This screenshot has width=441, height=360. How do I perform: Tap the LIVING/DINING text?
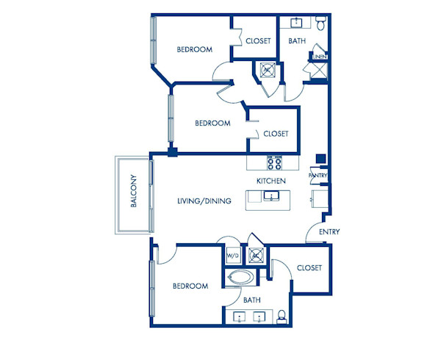coord(205,201)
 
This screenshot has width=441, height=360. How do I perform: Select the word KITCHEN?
coord(270,181)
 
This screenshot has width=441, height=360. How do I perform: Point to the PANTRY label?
coord(318,176)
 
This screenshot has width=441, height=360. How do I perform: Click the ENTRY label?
coord(329,232)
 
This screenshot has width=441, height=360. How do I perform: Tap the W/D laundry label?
coord(232,256)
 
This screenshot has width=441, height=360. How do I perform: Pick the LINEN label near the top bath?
coord(319,57)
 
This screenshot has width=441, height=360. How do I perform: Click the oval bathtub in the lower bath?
coord(240,278)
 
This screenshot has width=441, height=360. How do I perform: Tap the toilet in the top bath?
coord(321,24)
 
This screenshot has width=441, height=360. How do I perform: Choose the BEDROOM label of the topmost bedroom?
coord(195,50)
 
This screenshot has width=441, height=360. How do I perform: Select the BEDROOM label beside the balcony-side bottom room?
coord(190,286)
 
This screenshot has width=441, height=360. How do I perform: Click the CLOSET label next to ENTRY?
coord(309,268)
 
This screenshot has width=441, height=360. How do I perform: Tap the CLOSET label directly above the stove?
coord(276,134)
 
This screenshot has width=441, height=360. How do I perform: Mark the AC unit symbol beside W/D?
coord(255,255)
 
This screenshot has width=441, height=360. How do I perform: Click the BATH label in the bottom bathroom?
coord(252,300)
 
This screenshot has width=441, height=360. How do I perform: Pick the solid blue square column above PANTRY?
coord(320,159)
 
